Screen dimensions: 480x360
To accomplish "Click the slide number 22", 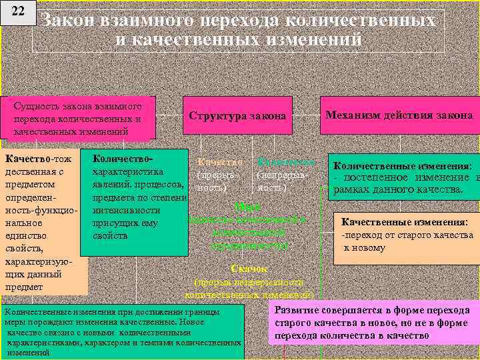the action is (x=18, y=13).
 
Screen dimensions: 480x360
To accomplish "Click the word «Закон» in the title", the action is (x=69, y=21).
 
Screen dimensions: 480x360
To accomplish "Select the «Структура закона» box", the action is (x=237, y=116).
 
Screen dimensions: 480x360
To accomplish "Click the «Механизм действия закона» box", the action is (x=399, y=115).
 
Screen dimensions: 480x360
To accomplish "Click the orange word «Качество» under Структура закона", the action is (x=219, y=162).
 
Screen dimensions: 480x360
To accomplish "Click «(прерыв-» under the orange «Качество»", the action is (x=214, y=175).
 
